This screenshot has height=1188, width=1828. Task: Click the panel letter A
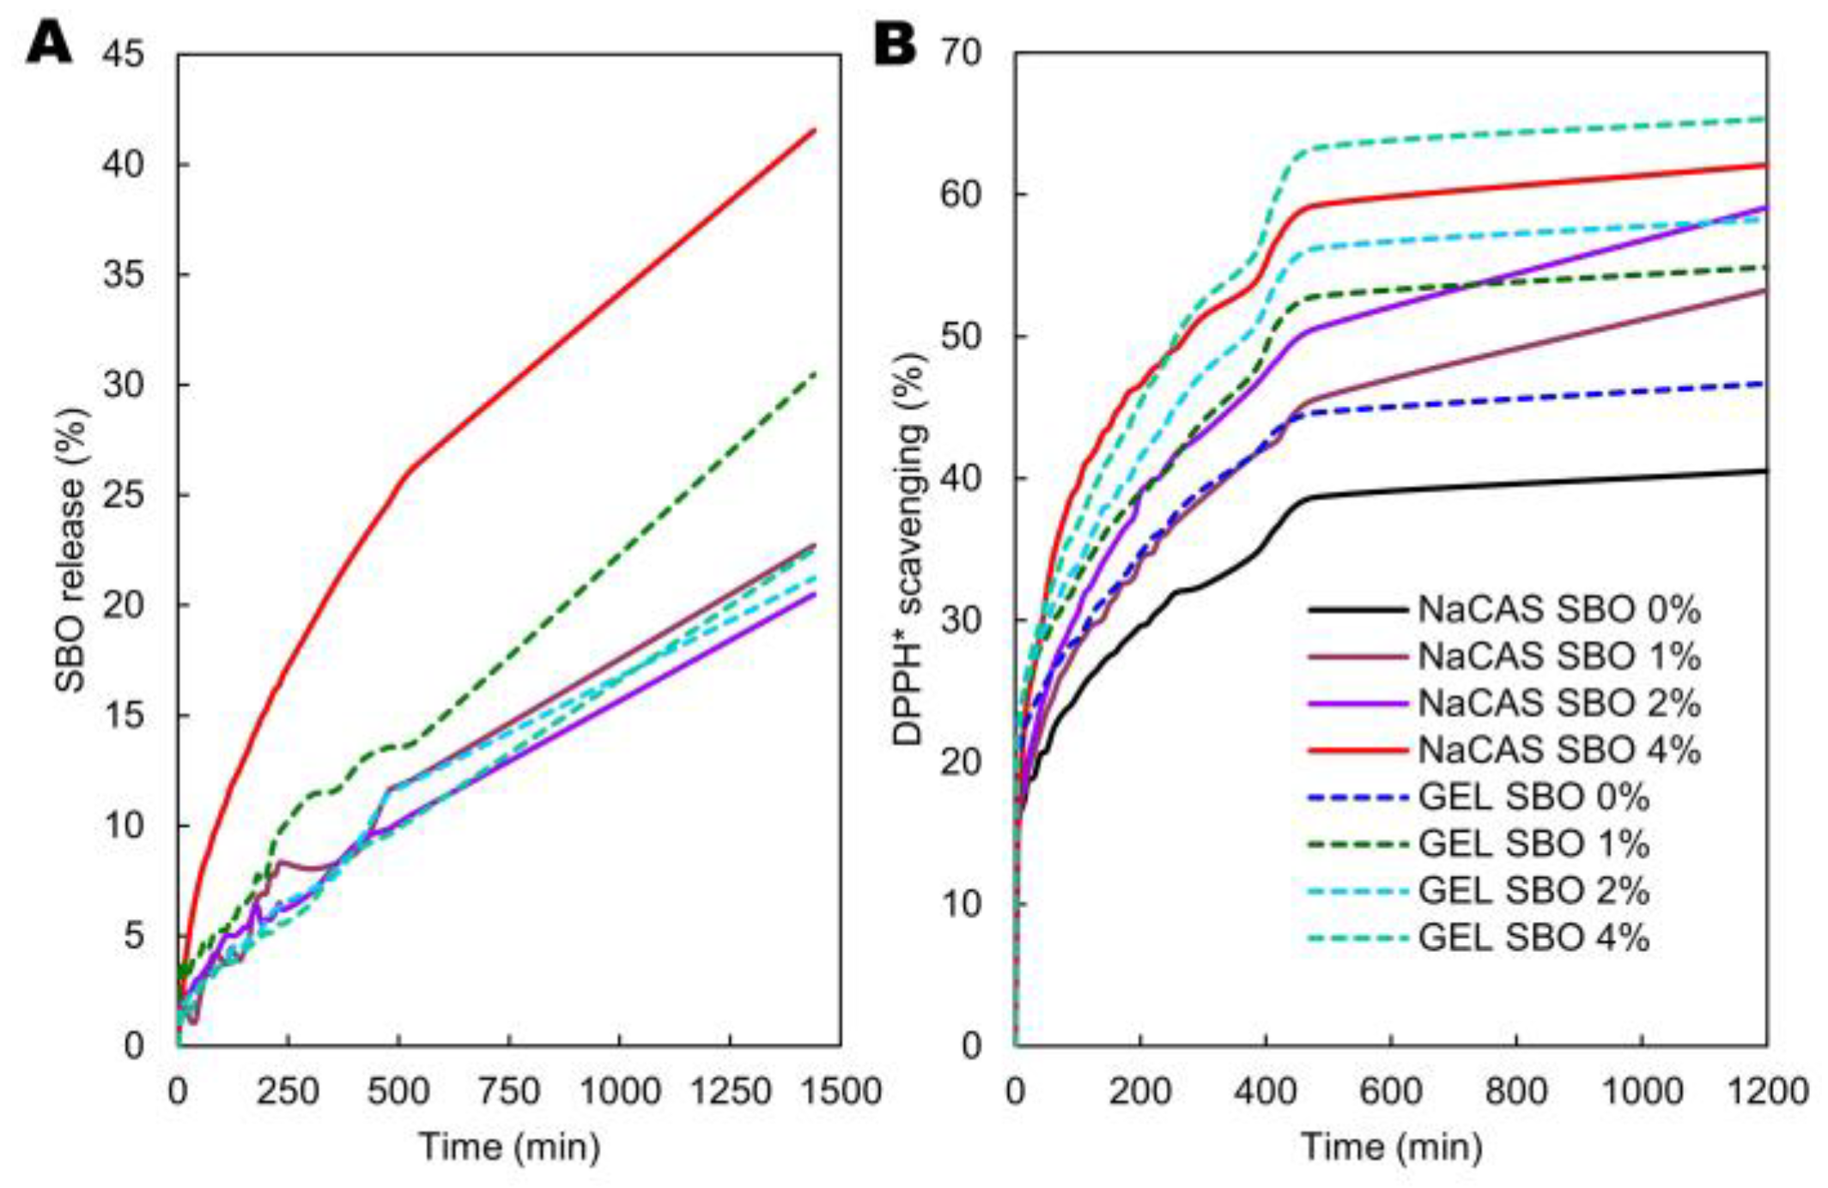pos(49,43)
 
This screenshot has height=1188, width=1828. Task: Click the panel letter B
pos(894,43)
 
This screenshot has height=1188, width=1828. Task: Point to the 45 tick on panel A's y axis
pos(124,55)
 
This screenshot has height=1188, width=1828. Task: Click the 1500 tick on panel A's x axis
pos(840,1092)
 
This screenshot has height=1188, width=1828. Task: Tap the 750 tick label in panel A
pos(509,1092)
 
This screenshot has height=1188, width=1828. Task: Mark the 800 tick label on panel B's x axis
pos(1516,1092)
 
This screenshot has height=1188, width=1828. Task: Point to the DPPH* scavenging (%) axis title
pos(908,549)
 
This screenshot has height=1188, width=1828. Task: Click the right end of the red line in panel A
pos(813,130)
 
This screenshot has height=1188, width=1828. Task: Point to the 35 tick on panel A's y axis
pos(124,276)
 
